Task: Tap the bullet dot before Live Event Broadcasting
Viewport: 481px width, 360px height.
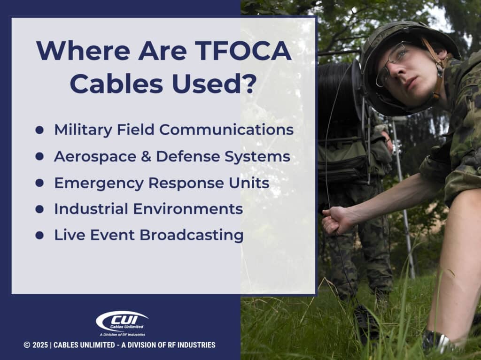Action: tap(39, 235)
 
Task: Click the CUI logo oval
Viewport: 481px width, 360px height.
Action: tap(122, 322)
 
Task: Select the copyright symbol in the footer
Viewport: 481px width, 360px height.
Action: tap(27, 345)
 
